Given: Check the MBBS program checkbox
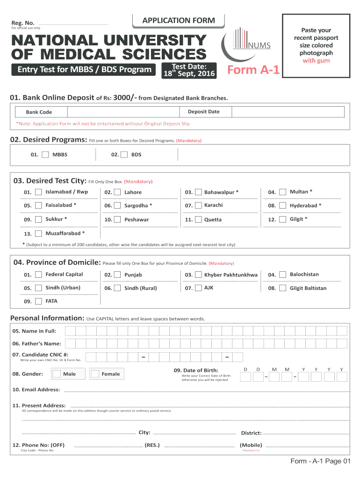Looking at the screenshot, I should (45, 154).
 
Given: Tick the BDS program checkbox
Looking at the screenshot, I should (124, 154).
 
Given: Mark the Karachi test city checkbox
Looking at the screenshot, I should (198, 205).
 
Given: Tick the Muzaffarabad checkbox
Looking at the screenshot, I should (38, 233).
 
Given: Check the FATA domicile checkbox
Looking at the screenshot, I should (38, 301).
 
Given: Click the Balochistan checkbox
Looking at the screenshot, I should (282, 275).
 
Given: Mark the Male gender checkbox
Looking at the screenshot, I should (57, 374).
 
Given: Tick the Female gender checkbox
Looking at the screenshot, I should (95, 374).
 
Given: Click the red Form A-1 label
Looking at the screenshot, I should (253, 70).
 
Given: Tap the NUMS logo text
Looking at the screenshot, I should (260, 45).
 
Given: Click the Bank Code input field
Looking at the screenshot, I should (123, 112).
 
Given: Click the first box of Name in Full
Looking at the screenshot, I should (70, 331).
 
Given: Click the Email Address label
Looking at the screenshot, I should (36, 390).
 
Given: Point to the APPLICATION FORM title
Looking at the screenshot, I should (179, 21).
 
